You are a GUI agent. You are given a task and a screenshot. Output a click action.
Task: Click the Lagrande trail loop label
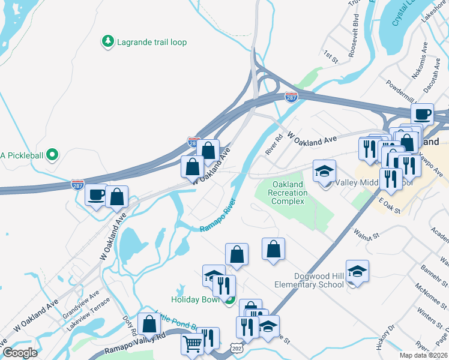coord(152,43)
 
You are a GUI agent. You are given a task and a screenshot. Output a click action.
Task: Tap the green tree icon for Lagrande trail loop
coord(108,41)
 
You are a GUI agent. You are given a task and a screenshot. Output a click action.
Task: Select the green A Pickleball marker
coord(52,155)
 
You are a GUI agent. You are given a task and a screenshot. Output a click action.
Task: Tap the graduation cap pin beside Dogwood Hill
coord(357,272)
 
